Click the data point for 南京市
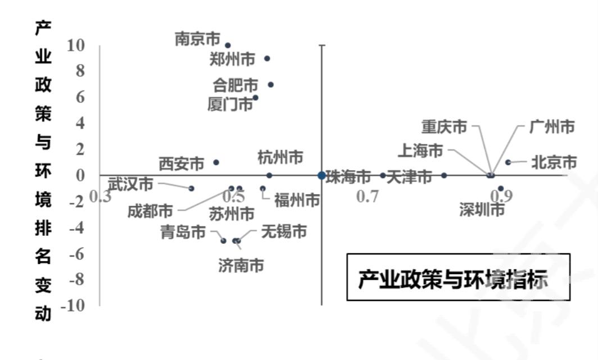point(228,45)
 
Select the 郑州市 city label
point(232,58)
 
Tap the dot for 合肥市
point(270,85)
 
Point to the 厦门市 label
point(230,104)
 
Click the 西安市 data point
point(216,162)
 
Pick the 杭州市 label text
point(280,157)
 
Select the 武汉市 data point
point(191,188)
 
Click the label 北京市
point(554,162)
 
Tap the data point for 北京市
point(508,162)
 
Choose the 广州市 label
point(552,127)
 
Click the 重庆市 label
point(444,127)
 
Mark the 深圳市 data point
point(501,188)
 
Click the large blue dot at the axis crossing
point(321,175)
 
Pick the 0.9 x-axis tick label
point(501,197)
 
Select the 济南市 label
point(241,265)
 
